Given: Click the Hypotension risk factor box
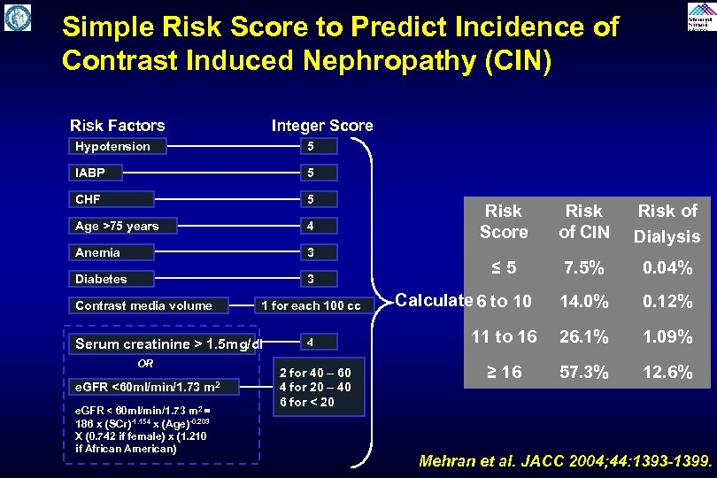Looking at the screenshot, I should pyautogui.click(x=112, y=146).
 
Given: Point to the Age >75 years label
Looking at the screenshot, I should pyautogui.click(x=123, y=226).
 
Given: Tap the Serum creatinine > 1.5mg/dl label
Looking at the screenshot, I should pyautogui.click(x=169, y=343).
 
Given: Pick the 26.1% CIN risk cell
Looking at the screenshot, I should pyautogui.click(x=584, y=337).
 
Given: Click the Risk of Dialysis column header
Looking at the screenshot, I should pyautogui.click(x=668, y=223).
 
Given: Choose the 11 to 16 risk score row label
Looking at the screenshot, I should pyautogui.click(x=504, y=337).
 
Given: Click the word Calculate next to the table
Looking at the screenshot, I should pyautogui.click(x=434, y=299).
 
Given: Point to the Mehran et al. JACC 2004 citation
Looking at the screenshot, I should pyautogui.click(x=565, y=461).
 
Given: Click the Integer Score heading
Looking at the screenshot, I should pyautogui.click(x=322, y=126).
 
